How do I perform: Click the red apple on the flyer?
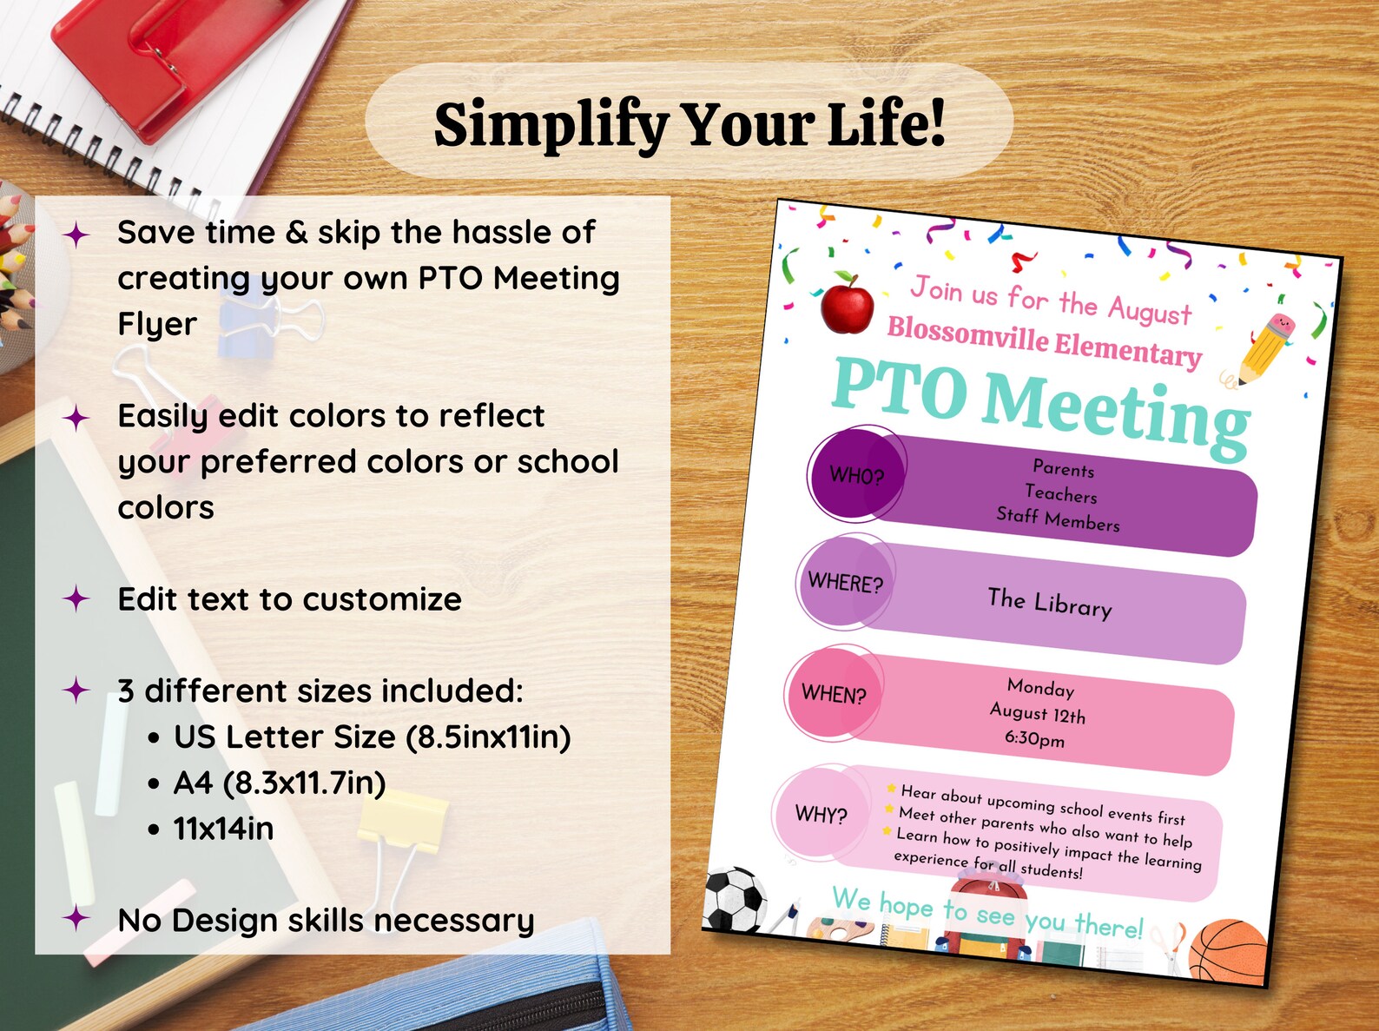point(847,304)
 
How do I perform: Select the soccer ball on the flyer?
point(734,899)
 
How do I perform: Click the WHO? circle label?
point(856,475)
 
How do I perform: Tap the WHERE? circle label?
point(845,582)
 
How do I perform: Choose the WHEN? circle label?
point(834,694)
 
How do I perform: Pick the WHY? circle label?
point(821,815)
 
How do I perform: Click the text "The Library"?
point(1049,602)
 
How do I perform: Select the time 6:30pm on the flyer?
point(1034,739)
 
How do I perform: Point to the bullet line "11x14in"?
point(223,829)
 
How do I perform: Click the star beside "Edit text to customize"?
point(77,598)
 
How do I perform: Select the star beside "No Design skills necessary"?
point(77,918)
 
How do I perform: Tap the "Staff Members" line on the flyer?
point(1058,519)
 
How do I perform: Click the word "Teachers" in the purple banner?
point(1060,493)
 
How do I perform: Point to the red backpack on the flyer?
point(986,916)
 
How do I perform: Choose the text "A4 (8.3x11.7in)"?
point(280,783)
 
